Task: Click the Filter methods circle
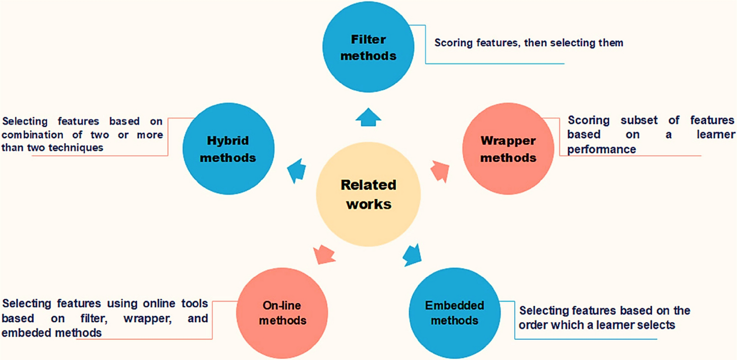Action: tap(368, 47)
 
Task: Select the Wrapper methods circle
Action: tap(508, 149)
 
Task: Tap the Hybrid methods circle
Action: tap(228, 149)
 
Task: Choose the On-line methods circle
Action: tap(282, 313)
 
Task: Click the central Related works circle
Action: tap(368, 194)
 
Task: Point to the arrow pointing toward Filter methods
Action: tap(368, 117)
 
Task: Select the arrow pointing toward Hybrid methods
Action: tap(297, 171)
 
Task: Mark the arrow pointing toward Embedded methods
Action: tap(412, 254)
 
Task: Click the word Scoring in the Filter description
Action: tap(452, 43)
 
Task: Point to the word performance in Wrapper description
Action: tap(601, 149)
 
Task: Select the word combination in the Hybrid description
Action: tap(32, 134)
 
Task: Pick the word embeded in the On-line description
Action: tap(25, 333)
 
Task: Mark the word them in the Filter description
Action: tap(611, 43)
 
